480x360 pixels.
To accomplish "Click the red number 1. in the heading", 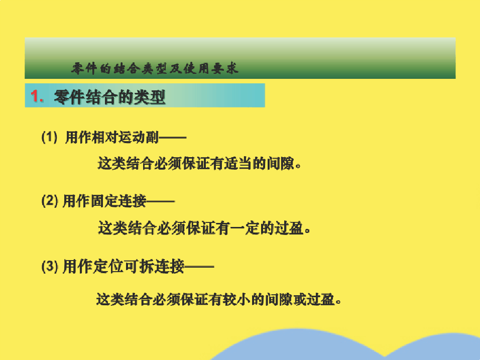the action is click(37, 96).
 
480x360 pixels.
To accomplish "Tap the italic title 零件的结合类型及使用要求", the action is click(155, 68).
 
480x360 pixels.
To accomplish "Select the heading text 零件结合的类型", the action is click(109, 97).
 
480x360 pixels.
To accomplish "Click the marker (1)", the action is click(49, 137).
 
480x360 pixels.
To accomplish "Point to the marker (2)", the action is click(50, 201).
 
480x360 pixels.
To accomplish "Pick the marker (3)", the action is click(50, 266).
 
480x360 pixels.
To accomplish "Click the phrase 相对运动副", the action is click(125, 137).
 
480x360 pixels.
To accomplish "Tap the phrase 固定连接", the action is click(119, 201).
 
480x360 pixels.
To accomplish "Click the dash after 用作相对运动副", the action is click(173, 138).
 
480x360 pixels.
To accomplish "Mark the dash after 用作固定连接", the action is click(160, 201).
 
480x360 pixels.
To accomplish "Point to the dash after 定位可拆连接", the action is click(199, 267).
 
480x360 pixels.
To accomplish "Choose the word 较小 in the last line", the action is click(236, 299).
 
